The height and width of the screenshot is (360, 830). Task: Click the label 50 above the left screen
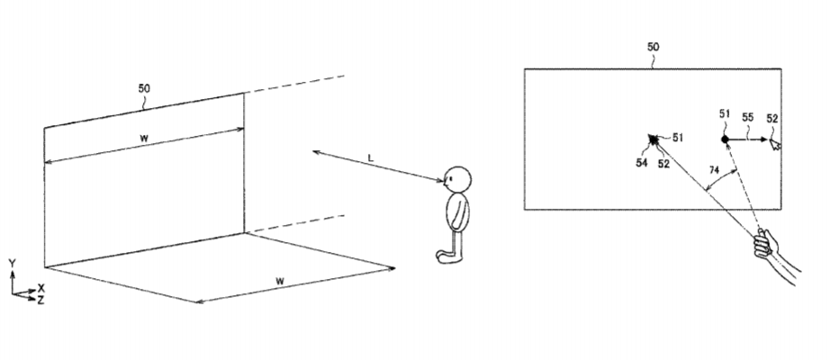point(144,88)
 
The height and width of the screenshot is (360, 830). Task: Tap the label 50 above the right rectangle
point(654,47)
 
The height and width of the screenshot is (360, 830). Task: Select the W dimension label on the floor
point(280,281)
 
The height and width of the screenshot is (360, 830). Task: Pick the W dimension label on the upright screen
point(144,138)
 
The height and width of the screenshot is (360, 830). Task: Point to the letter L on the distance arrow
point(371,157)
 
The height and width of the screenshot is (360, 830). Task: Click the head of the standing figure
point(456,179)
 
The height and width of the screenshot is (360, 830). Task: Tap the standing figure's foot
point(447,256)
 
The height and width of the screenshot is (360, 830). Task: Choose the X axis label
point(41,289)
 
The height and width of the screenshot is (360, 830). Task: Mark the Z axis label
point(41,301)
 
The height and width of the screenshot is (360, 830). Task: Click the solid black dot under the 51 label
point(725,139)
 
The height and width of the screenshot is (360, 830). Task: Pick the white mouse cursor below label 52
point(775,144)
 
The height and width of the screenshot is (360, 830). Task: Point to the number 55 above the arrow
point(747,118)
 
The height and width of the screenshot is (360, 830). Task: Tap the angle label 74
point(715,169)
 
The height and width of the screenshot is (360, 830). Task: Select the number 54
point(642,163)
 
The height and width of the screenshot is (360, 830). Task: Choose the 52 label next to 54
point(663,164)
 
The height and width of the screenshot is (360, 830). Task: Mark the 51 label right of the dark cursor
point(678,138)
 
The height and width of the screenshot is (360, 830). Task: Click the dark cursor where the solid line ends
point(654,139)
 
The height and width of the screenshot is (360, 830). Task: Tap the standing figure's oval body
point(457,211)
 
